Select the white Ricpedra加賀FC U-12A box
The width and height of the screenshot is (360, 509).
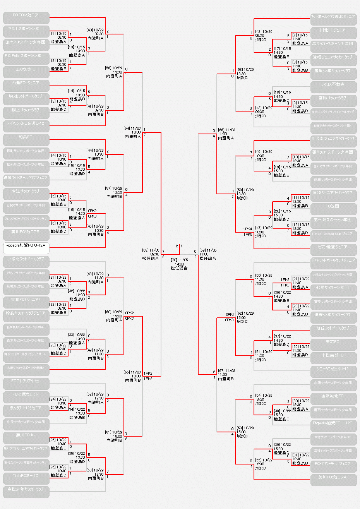pyautogui.click(x=26, y=246)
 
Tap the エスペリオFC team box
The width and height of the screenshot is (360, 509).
pyautogui.click(x=26, y=70)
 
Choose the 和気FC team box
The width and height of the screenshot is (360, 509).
pyautogui.click(x=26, y=138)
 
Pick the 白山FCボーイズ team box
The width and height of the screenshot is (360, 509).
pyautogui.click(x=26, y=477)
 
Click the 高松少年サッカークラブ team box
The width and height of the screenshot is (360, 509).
pyautogui.click(x=26, y=490)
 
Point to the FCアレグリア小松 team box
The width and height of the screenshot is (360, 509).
pyautogui.click(x=26, y=382)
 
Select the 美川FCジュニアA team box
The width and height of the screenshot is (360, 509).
pyautogui.click(x=333, y=478)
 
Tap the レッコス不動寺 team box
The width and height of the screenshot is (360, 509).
pyautogui.click(x=333, y=86)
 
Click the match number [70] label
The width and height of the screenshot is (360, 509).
pyautogui.click(x=174, y=260)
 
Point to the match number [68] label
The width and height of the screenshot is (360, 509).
pyautogui.click(x=146, y=250)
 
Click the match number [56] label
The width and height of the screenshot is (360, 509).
pyautogui.click(x=109, y=68)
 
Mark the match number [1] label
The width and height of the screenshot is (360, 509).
pyautogui.click(x=53, y=34)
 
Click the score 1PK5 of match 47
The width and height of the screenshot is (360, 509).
pyautogui.click(x=247, y=234)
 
